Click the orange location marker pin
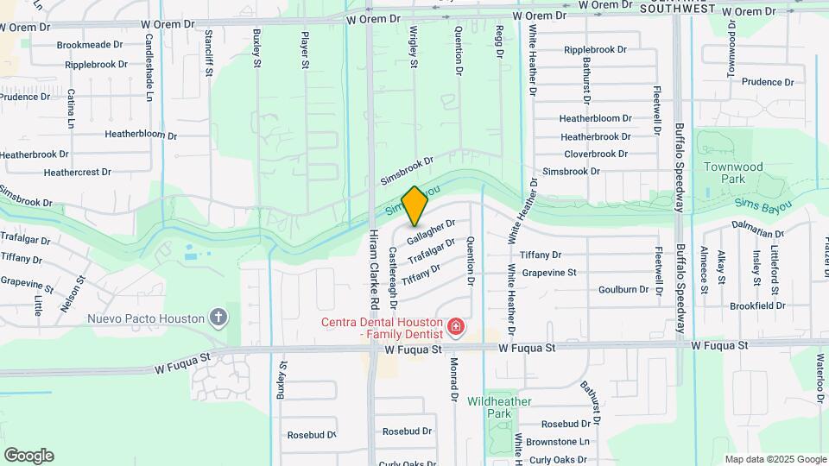point(414,205)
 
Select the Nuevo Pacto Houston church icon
point(219,318)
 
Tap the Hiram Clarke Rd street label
point(375,270)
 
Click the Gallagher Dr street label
point(431,230)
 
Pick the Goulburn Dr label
point(623,290)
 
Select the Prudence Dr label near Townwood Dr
point(760,82)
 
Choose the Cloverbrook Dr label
point(596,154)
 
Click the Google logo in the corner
point(28,456)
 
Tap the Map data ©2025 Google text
point(775,459)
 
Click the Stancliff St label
point(209,51)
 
